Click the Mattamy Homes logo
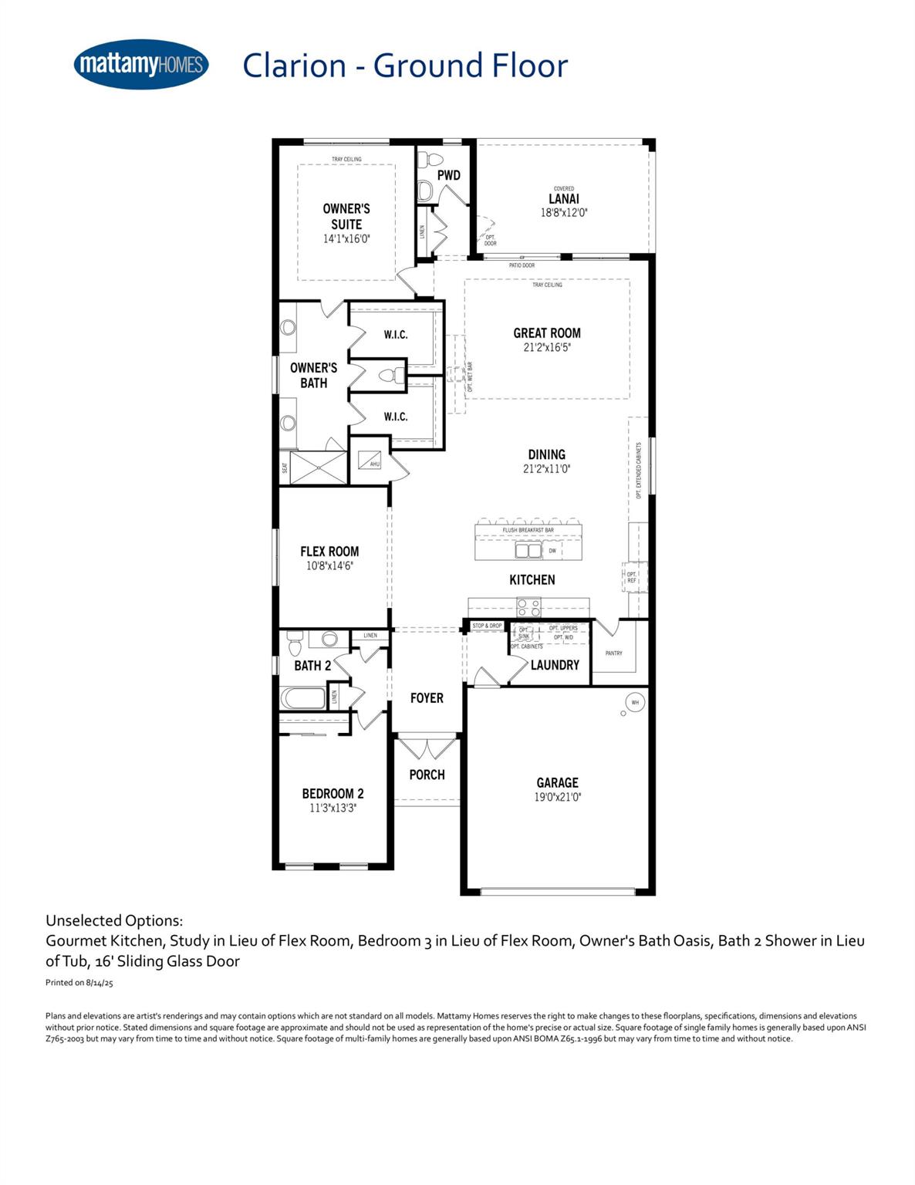(141, 65)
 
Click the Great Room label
(547, 333)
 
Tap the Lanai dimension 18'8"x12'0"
(564, 212)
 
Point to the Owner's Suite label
(346, 216)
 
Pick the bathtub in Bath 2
(303, 698)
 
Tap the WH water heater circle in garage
(635, 702)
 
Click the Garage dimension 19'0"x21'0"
(557, 797)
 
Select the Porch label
(427, 775)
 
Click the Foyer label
(427, 698)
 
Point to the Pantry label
(614, 653)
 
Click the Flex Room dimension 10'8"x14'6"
(329, 565)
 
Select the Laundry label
(555, 664)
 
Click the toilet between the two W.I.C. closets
(392, 376)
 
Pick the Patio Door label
(522, 265)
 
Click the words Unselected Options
(114, 920)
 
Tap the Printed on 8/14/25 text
(79, 983)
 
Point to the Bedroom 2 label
(333, 793)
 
